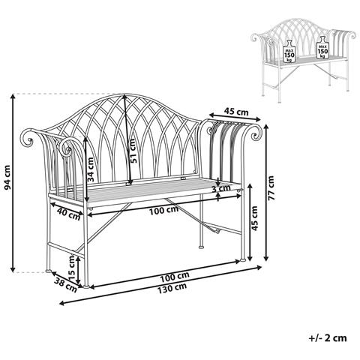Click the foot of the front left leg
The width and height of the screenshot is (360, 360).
pyautogui.click(x=89, y=286)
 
